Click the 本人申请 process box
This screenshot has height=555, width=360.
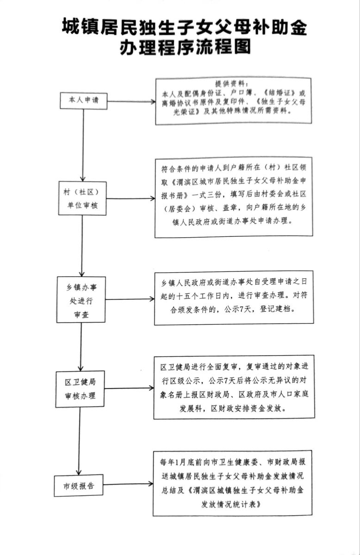point(84,100)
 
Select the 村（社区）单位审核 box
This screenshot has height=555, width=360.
point(82,198)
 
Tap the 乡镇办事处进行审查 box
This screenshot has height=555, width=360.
point(81,299)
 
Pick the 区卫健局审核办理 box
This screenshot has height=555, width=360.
point(80,389)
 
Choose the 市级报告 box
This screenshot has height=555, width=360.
point(79,486)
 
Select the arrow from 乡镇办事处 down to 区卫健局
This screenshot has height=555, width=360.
point(81,346)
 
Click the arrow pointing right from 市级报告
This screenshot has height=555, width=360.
point(128,484)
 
